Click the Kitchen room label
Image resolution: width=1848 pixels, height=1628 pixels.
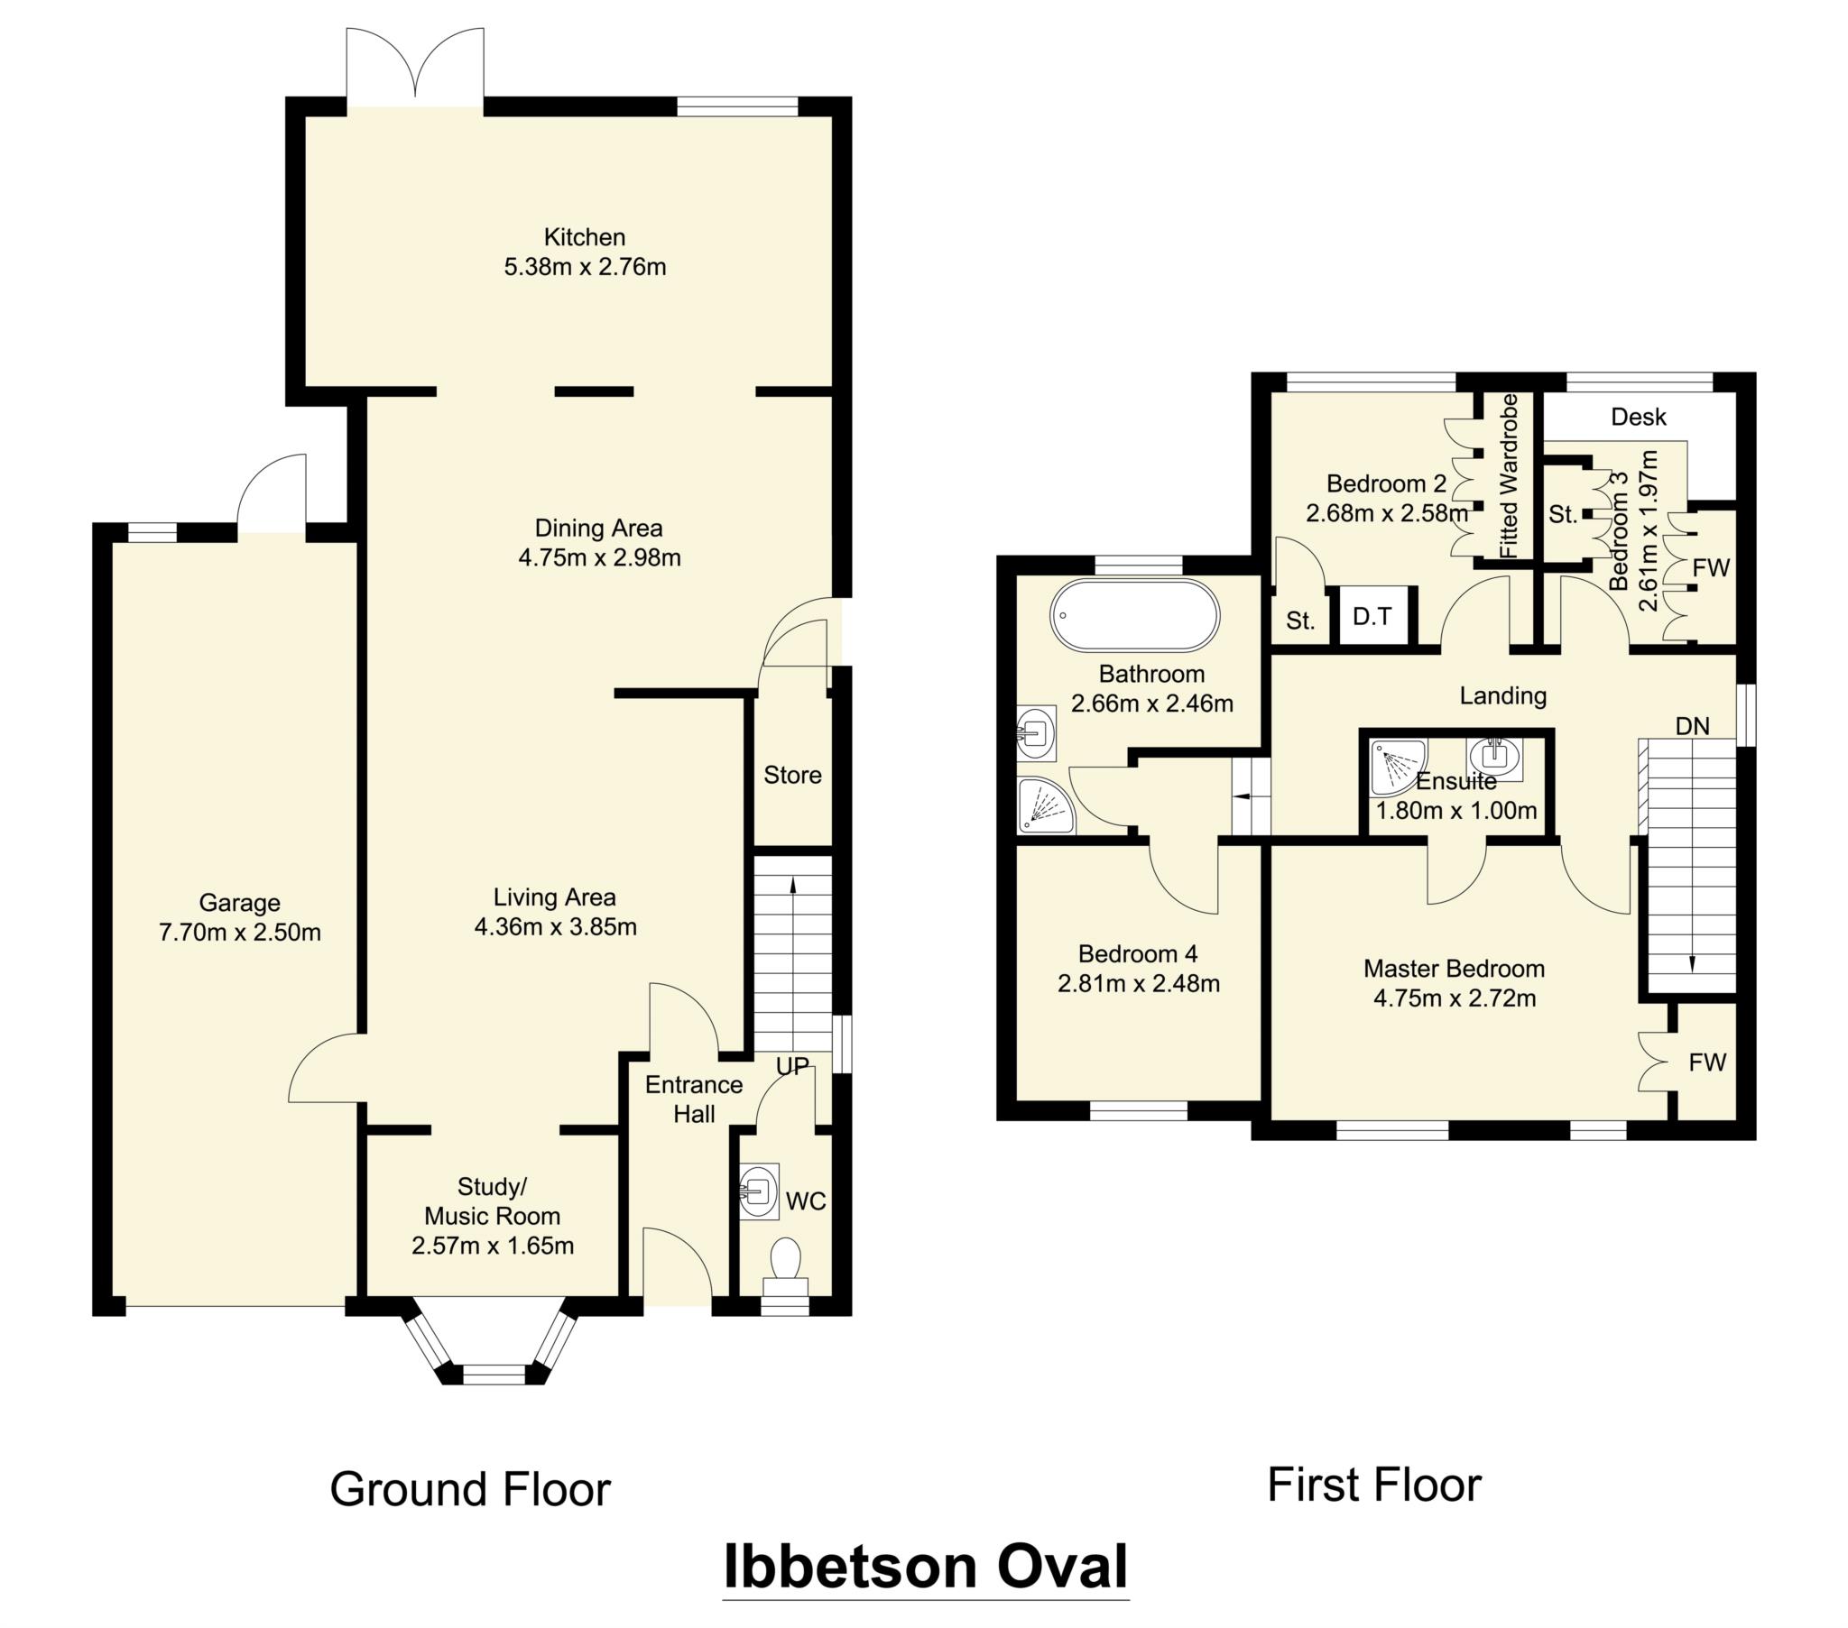tap(584, 238)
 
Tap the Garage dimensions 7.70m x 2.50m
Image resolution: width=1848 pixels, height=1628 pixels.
tap(240, 933)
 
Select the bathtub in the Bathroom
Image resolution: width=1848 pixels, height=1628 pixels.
tap(1133, 616)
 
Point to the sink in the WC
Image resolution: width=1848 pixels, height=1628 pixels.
tap(758, 1192)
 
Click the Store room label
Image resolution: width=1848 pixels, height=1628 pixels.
tap(792, 776)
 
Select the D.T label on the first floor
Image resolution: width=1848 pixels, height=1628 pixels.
tap(1372, 618)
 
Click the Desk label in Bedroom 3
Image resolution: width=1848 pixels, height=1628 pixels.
tap(1639, 417)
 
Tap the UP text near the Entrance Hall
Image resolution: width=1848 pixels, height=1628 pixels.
tap(792, 1067)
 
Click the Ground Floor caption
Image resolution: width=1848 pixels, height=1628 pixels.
tap(470, 1490)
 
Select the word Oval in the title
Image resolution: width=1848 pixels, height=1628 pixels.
tap(1061, 1567)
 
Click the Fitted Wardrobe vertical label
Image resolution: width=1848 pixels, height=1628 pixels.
tap(1507, 475)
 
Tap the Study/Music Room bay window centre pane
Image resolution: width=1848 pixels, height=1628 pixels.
tap(493, 1375)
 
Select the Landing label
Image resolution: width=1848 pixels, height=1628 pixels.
tap(1502, 696)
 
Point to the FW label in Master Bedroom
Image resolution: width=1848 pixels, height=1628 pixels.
tap(1707, 1063)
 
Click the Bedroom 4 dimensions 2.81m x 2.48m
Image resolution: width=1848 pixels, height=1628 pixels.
tap(1138, 984)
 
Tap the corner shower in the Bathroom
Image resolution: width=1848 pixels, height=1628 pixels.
tap(1044, 805)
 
